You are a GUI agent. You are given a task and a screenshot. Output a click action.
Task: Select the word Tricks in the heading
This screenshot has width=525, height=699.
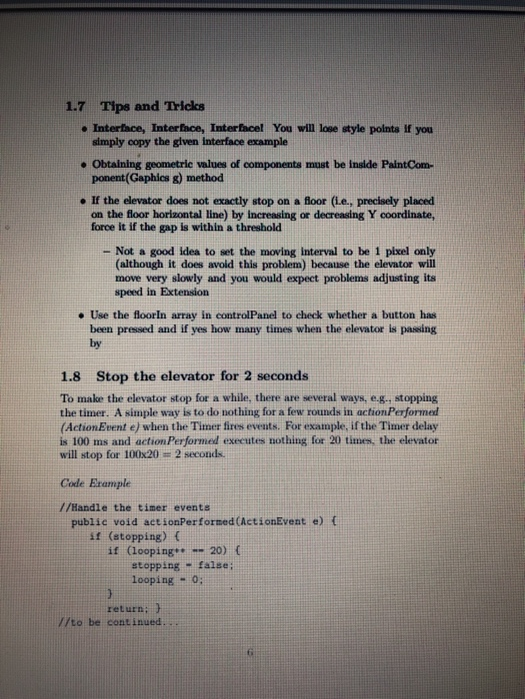tap(180, 107)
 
